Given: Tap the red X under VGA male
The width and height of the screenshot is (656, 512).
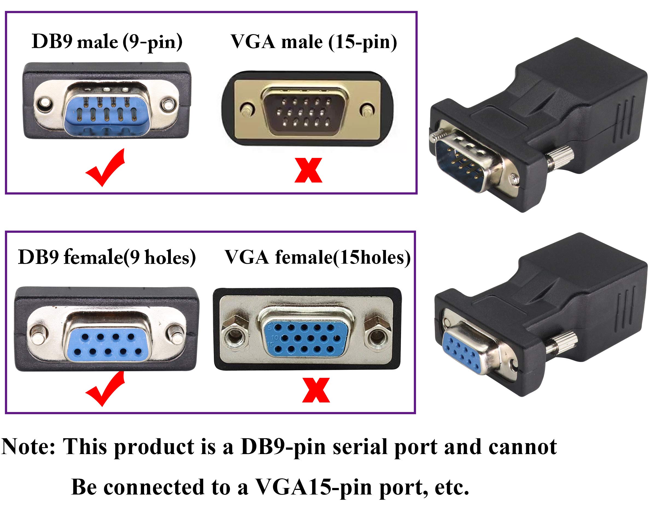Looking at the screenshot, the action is [x=308, y=170].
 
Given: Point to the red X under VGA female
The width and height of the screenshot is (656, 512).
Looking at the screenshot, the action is [x=316, y=390].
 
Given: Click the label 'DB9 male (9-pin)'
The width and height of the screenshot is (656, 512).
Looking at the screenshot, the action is [x=107, y=42].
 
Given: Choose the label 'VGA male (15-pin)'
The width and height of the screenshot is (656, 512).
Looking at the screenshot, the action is [x=314, y=42].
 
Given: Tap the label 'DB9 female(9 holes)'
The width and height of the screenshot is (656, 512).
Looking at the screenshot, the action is [x=107, y=257].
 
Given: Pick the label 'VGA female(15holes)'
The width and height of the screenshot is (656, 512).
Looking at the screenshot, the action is [x=318, y=257].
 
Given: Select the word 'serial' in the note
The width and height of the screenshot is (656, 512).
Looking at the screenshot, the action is [x=359, y=447].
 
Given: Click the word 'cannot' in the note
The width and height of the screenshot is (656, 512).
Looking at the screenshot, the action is [x=522, y=447].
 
